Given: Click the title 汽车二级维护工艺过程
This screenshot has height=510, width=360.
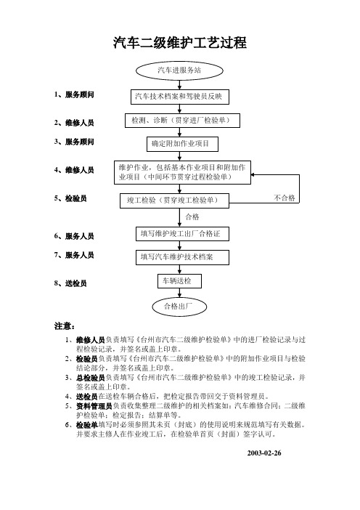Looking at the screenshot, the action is (180, 43).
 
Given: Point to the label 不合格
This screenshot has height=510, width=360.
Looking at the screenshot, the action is (285, 198).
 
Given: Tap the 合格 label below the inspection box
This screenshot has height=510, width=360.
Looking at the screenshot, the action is (192, 217).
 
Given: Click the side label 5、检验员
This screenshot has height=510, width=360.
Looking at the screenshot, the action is (70, 198).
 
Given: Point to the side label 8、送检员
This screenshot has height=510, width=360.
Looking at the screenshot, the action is (70, 283).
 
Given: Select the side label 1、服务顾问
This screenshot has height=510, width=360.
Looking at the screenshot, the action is (74, 94).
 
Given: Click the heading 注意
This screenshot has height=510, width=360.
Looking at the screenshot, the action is (65, 326).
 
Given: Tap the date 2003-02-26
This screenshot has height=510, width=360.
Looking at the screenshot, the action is (264, 453).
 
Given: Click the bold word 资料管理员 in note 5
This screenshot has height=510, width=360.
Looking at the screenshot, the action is (94, 406).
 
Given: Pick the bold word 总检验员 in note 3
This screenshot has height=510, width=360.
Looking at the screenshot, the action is (91, 378).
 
